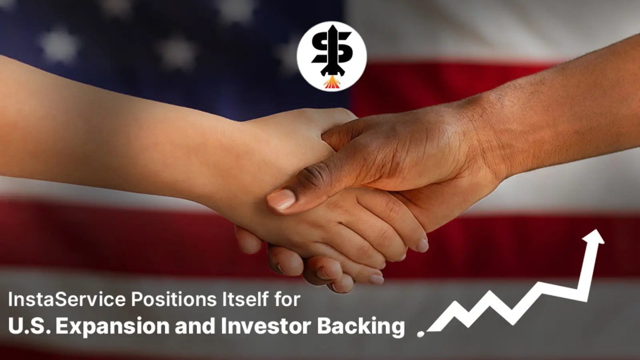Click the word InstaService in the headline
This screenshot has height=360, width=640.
66,300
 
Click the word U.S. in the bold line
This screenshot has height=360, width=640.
29,326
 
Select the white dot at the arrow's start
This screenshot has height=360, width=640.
420,334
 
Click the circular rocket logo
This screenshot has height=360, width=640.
332,56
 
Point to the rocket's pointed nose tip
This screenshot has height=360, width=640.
332,26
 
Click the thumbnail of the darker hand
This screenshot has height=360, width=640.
281,199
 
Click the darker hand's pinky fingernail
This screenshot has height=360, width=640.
377,279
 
